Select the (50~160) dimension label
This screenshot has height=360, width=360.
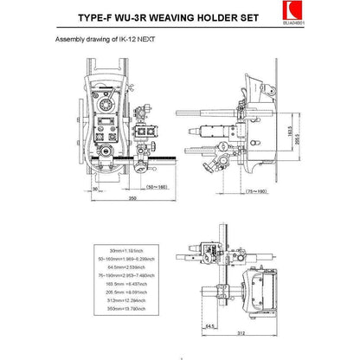[x=158, y=185]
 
